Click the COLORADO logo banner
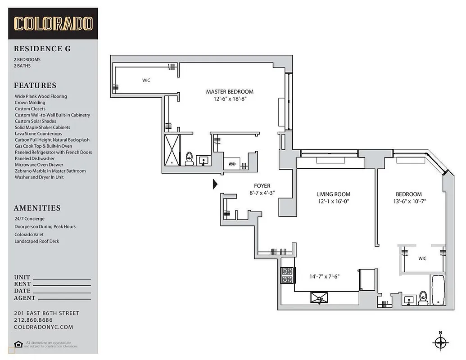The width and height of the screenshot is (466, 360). (53, 23)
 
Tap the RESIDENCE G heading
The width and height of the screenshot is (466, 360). (42, 49)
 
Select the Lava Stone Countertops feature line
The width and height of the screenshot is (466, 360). (38, 134)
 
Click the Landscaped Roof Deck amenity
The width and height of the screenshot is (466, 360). (37, 241)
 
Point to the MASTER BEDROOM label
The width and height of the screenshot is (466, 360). (230, 92)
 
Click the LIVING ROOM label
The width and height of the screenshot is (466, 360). (333, 194)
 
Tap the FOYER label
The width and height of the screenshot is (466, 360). (262, 186)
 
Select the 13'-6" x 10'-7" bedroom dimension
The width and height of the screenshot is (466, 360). (409, 202)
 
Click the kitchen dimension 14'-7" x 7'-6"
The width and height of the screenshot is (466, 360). (324, 276)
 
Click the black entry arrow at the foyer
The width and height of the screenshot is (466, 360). (215, 184)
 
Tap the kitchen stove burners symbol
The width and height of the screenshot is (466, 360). (287, 275)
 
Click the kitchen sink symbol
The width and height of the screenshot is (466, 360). (319, 297)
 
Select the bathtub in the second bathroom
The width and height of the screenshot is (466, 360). (438, 290)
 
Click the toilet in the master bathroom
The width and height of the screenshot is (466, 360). (190, 159)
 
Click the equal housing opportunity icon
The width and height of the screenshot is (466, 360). (18, 344)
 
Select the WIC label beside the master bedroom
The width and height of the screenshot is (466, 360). (146, 81)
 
